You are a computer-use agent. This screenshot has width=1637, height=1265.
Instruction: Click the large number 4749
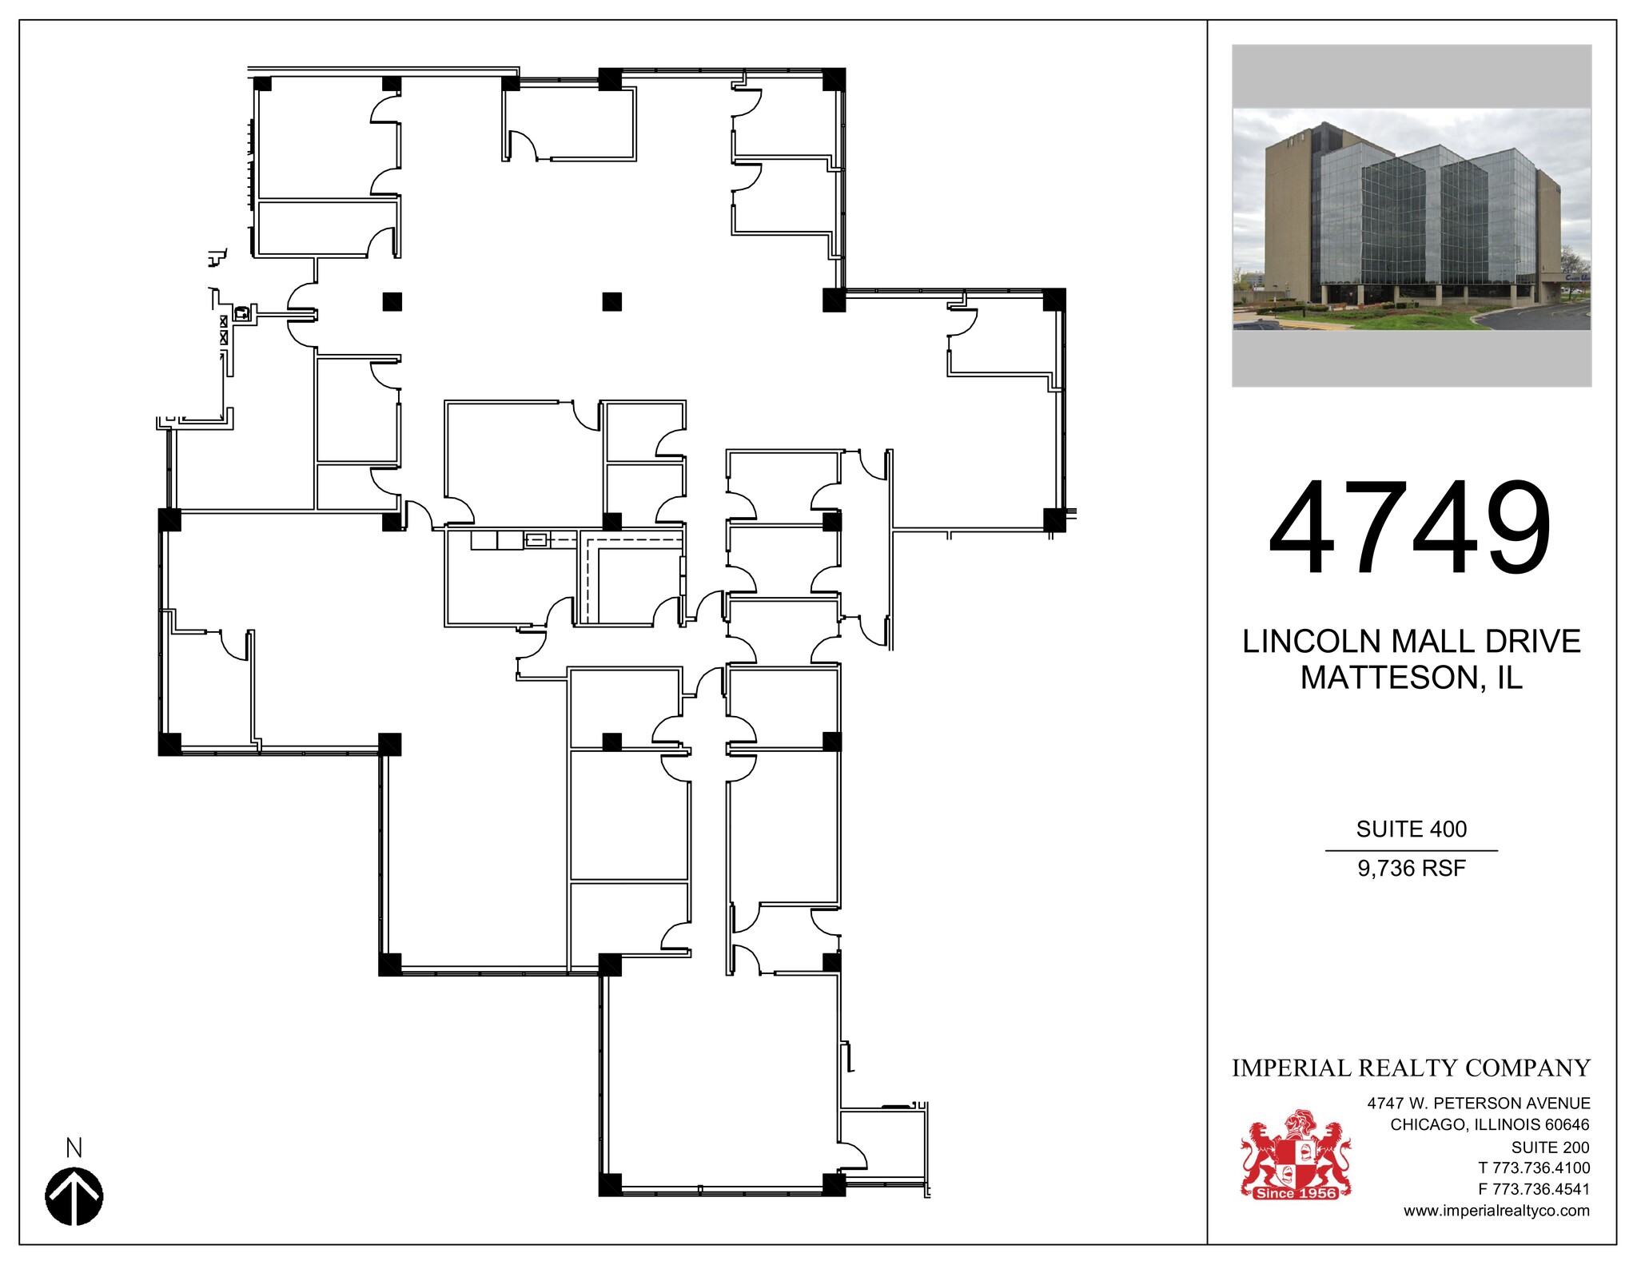1410,528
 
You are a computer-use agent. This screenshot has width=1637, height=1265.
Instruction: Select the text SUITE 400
1411,829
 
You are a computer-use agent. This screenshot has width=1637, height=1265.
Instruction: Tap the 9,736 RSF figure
1411,869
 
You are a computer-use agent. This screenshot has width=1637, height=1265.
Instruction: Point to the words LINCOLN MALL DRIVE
1411,642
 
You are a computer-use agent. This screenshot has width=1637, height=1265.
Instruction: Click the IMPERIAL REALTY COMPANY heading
1411,1068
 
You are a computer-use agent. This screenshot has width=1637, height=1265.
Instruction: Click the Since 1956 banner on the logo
1296,1193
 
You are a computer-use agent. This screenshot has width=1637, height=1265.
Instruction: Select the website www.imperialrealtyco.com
1496,1211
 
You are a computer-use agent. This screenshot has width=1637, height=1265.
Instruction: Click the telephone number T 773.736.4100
1534,1168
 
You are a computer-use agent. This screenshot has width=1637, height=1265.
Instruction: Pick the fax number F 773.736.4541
1534,1190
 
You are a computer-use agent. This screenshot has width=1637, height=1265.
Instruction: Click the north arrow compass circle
74,1196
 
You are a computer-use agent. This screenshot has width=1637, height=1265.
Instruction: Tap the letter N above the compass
74,1148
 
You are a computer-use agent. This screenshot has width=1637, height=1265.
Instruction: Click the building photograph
1411,218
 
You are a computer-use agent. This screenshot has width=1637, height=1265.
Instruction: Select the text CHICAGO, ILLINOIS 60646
1490,1125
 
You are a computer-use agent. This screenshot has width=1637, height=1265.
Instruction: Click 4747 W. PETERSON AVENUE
1479,1104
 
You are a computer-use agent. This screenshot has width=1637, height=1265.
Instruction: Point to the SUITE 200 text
1550,1148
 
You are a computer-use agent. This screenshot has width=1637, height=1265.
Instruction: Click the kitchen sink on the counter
536,540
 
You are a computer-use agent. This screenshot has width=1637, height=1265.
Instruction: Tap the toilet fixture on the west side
241,312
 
